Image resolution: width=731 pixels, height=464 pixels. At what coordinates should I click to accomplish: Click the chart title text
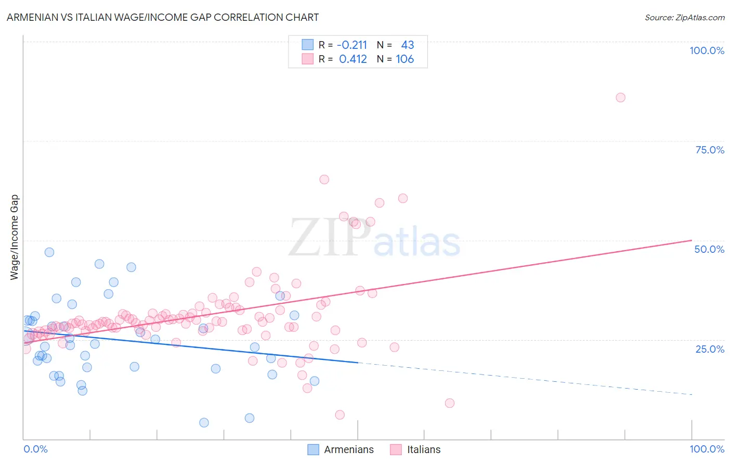163,17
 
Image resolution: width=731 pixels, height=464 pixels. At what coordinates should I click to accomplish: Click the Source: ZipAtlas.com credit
684,17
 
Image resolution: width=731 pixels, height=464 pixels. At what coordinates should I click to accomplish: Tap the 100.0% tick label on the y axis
707,50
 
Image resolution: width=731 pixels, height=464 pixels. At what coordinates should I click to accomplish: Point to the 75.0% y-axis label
710,150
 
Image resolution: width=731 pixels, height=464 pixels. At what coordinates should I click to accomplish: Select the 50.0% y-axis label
709,249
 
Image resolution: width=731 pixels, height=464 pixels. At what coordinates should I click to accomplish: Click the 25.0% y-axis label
710,349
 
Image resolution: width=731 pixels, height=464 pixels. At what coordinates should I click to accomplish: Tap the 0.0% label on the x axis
35,449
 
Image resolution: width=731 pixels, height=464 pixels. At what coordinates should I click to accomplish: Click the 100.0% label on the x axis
707,449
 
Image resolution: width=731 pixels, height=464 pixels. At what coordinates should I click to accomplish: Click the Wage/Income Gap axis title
15,237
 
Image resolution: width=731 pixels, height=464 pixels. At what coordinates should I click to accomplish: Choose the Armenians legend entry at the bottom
341,449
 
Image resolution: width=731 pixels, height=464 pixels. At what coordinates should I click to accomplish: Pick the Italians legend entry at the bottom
415,449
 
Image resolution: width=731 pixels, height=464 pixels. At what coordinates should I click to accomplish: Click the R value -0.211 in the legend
352,45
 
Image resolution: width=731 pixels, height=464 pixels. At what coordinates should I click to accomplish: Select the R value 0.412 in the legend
353,59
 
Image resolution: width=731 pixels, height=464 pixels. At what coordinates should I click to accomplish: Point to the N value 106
404,59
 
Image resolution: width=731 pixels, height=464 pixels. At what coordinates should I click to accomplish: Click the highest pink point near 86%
620,97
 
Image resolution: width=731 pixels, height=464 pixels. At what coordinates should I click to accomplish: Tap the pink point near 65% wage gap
324,179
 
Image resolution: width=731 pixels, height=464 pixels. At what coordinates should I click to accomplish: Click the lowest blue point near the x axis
204,422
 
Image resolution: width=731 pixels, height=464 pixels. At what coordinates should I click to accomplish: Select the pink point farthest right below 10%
450,403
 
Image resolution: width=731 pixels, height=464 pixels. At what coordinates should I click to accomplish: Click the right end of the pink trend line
691,240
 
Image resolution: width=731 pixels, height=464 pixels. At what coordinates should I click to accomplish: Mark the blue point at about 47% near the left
49,252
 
